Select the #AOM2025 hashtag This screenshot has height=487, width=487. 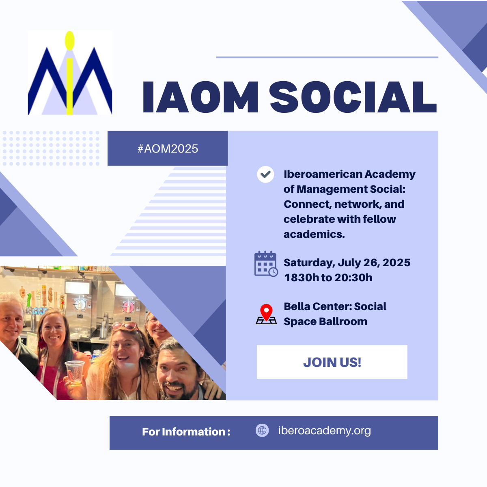168,149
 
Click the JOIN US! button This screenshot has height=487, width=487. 332,362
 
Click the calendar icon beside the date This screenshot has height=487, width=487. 266,264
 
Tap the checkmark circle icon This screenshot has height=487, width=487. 265,175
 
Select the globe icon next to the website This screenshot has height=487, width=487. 262,431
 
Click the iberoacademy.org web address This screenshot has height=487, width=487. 324,431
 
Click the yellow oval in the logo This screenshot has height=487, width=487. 70,41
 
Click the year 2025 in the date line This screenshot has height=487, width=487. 396,263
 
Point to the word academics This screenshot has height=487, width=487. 314,234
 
